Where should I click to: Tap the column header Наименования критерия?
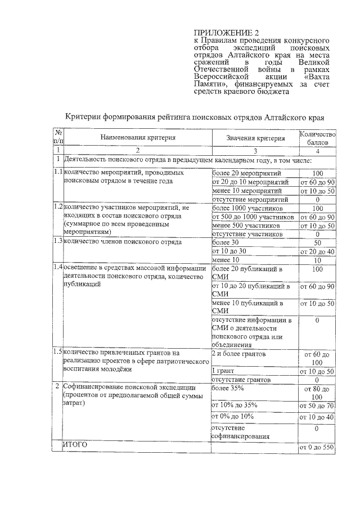coord(138,137)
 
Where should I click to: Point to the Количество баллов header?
coord(317,138)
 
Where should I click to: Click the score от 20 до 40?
coord(317,251)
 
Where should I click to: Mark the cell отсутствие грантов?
coord(239,380)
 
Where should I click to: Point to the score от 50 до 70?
coord(317,406)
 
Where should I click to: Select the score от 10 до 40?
coord(317,417)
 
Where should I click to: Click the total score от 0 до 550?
coord(317,447)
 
